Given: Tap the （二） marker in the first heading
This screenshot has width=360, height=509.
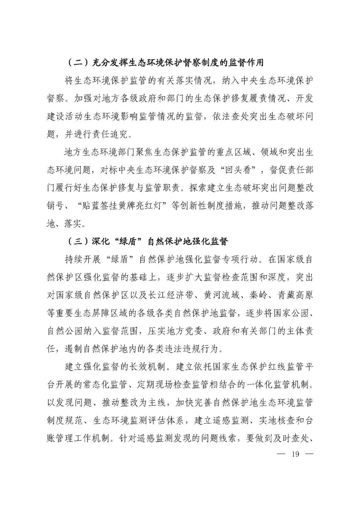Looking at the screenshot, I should pos(78,62).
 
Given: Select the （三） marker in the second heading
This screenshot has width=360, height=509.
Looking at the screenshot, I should pos(78,241).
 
